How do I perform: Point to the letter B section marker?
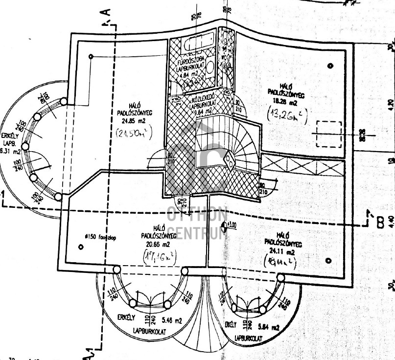pyautogui.click(x=379, y=222)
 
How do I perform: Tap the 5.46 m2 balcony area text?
pyautogui.click(x=171, y=321)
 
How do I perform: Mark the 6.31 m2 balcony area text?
pyautogui.click(x=9, y=151)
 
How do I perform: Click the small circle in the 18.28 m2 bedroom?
pyautogui.click(x=331, y=66)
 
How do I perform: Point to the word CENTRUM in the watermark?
pyautogui.click(x=197, y=233)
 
